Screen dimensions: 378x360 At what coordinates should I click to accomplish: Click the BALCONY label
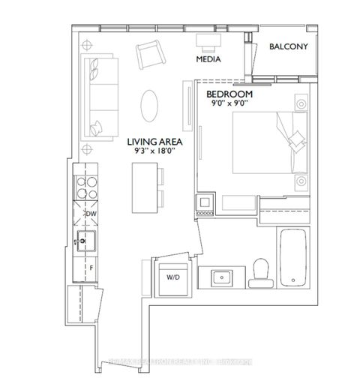289,46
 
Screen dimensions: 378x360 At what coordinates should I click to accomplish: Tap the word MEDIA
207,58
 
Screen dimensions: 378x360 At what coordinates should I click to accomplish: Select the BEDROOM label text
230,94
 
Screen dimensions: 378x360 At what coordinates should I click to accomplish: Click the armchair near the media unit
149,55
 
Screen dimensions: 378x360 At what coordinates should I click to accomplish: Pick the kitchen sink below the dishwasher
84,240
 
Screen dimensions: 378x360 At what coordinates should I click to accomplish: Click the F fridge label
91,267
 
